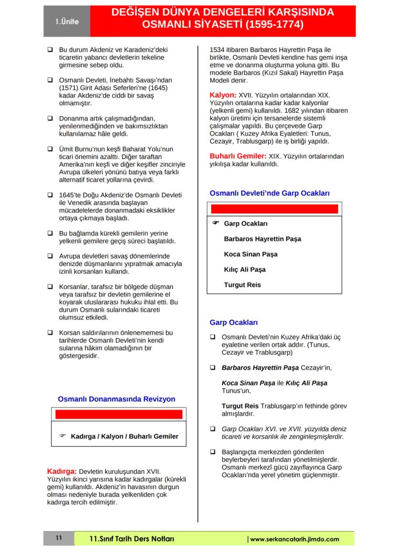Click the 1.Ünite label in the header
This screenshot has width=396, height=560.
pos(66,22)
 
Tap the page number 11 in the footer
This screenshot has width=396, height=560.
pos(58,538)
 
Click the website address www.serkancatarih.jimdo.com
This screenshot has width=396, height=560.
pos(295,539)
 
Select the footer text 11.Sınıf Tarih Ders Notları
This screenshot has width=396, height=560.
pos(132,539)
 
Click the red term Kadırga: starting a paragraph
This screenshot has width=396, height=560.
pos(62,471)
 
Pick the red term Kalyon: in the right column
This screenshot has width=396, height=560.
pos(223,96)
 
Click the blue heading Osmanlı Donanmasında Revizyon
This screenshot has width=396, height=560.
pos(117,399)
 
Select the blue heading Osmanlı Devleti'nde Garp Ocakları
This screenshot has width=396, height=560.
pos(270,193)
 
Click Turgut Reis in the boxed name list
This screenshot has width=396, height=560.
pos(242,285)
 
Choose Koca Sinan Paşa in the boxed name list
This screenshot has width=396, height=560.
pos(251,254)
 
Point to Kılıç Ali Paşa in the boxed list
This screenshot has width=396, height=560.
pos(245,270)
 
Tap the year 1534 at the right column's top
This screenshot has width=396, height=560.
pos(219,49)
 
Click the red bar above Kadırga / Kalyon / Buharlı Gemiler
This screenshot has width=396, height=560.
pos(119,415)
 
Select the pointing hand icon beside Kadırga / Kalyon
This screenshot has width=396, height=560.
pos(62,436)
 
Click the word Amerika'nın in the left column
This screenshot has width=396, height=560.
pos(75,165)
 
